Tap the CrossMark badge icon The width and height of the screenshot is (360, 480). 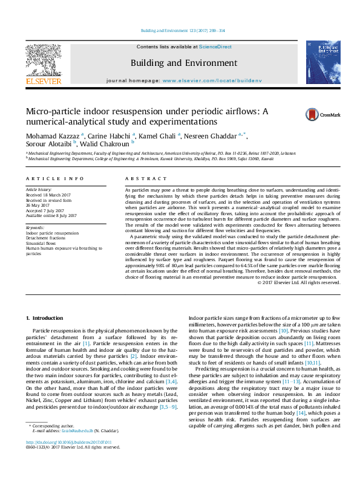coord(313,114)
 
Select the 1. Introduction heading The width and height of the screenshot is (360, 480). coord(46,318)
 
